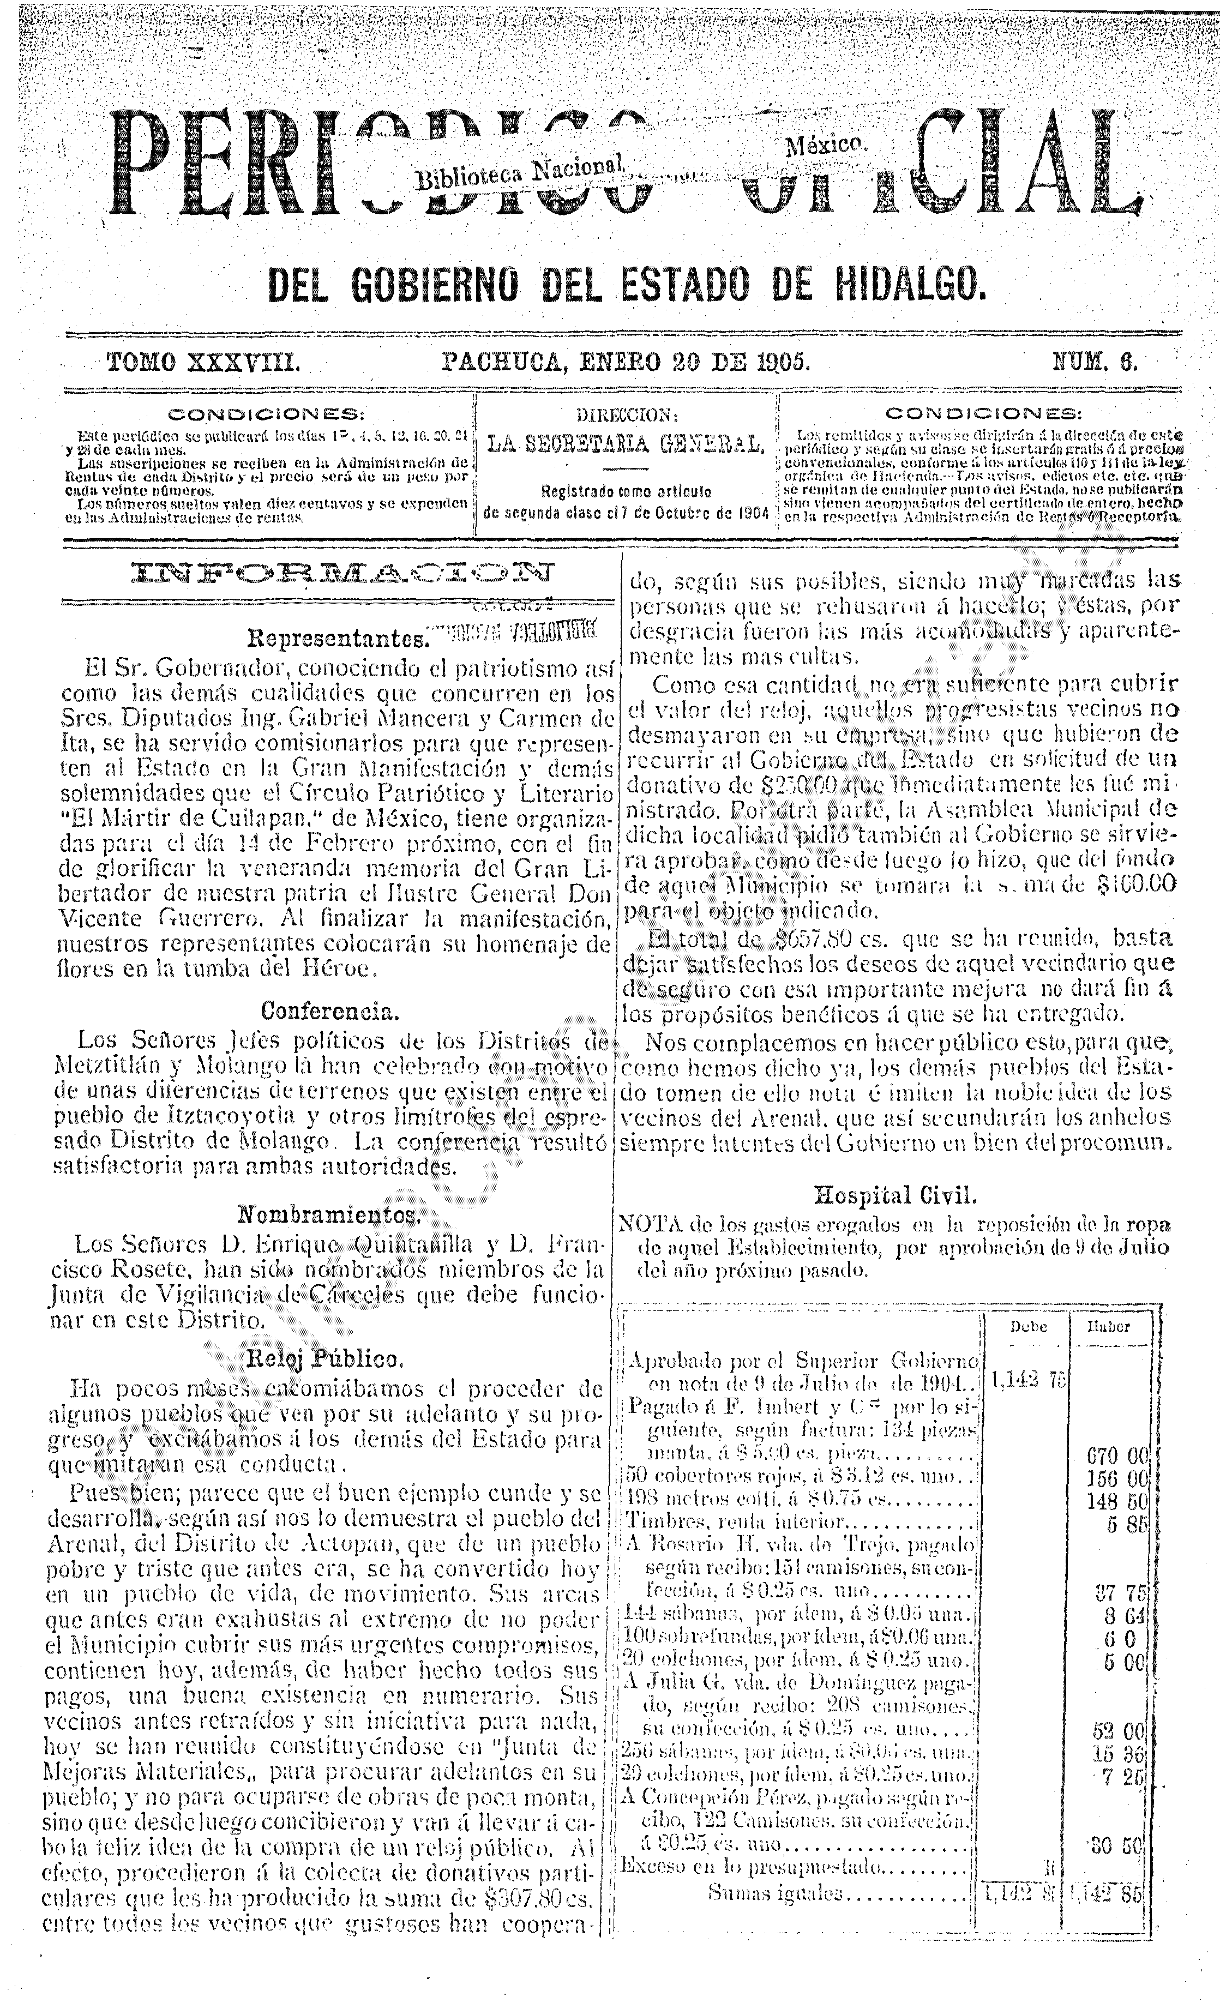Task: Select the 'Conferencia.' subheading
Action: click(x=330, y=1012)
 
